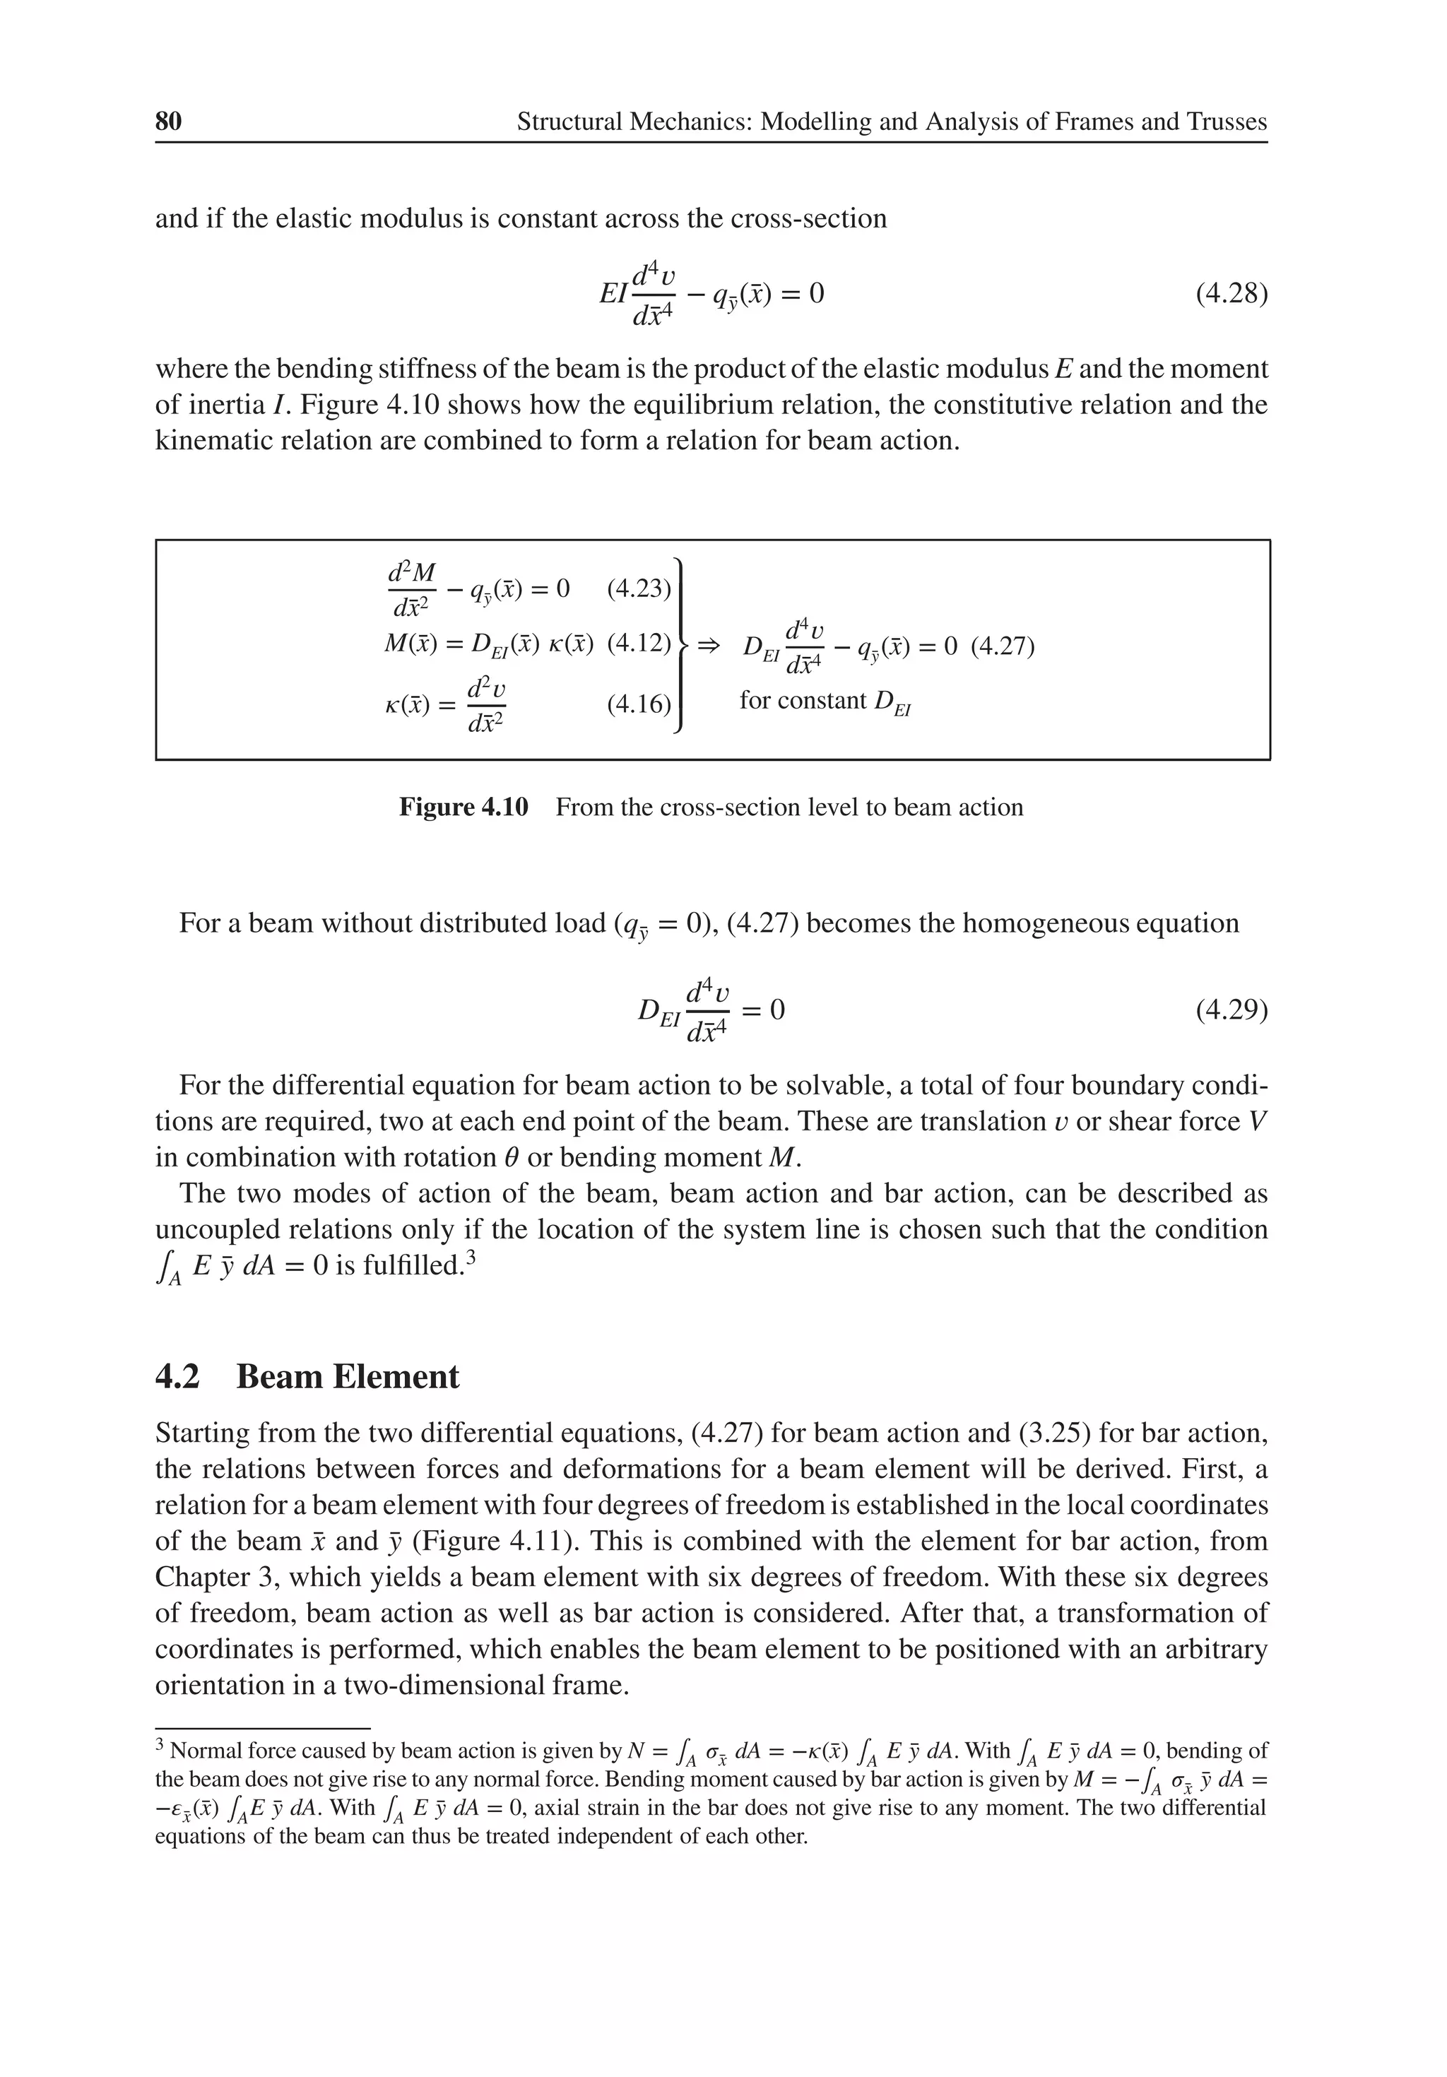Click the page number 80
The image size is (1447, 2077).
(168, 122)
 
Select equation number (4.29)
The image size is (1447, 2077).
(1231, 1009)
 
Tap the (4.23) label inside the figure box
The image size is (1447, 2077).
(639, 589)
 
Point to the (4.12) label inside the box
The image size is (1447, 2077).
(639, 644)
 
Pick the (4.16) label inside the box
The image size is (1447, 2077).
(639, 703)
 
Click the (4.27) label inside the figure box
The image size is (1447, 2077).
(1002, 647)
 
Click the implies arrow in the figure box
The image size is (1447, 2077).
(708, 646)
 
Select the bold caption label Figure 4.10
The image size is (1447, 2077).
(463, 807)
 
